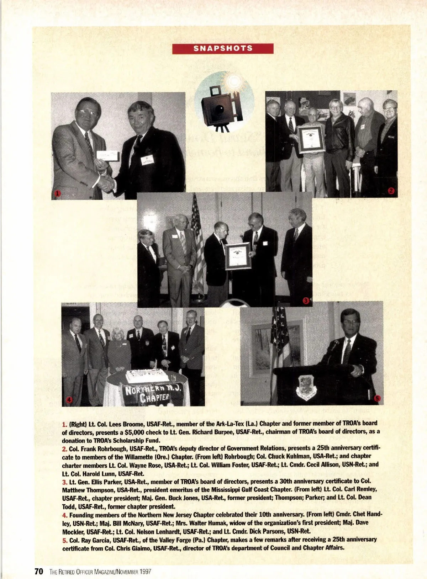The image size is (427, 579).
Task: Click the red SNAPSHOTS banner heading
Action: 223,48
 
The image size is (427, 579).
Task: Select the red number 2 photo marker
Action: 391,191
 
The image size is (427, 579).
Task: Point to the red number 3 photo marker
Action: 306,301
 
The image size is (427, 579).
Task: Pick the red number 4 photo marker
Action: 69,400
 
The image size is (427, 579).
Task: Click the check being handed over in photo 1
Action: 108,155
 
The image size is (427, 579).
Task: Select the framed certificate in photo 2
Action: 312,139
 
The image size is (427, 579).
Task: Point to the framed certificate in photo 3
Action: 238,256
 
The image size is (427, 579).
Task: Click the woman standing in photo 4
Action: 118,350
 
